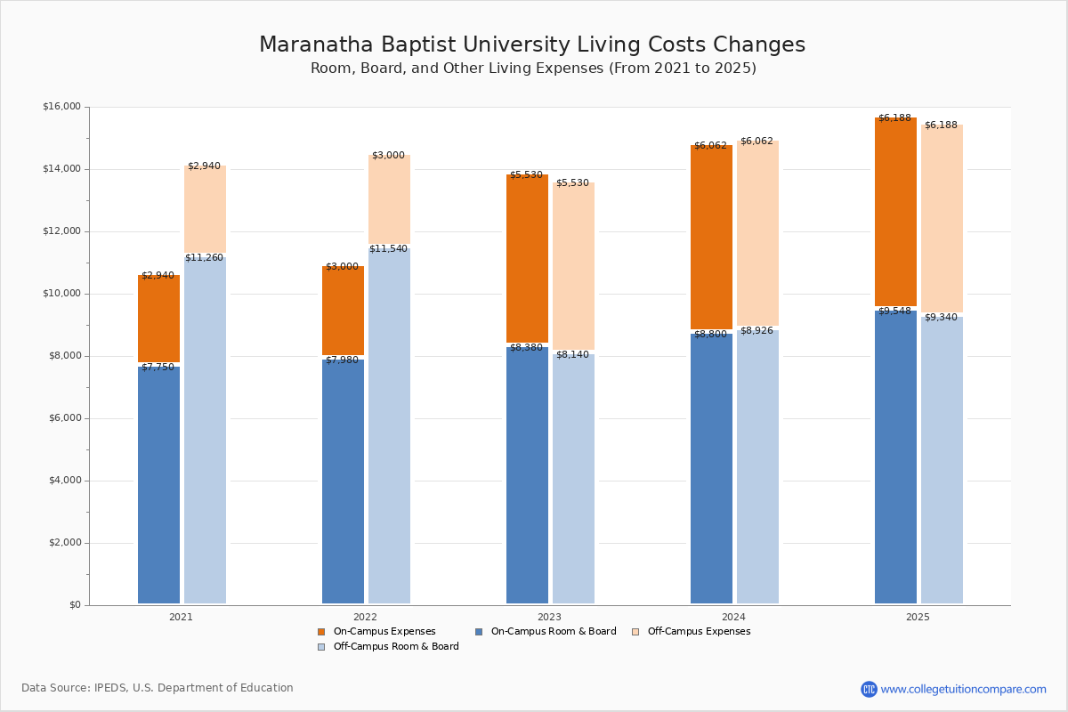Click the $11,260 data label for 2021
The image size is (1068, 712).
[204, 257]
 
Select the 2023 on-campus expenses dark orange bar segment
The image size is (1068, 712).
[527, 258]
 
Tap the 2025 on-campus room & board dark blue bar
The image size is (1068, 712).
[895, 457]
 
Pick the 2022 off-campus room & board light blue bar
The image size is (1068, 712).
[389, 425]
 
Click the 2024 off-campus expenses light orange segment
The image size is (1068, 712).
[757, 233]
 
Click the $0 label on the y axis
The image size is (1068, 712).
[76, 604]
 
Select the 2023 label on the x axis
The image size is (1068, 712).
[550, 617]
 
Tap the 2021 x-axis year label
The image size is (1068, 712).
[182, 617]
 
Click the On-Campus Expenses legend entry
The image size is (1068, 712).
[376, 631]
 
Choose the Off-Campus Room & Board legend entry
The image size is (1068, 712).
[389, 647]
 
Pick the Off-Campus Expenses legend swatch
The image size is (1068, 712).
[635, 632]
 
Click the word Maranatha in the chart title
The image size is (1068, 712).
[316, 44]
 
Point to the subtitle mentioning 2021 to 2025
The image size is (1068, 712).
[533, 69]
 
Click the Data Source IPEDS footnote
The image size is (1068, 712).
[158, 688]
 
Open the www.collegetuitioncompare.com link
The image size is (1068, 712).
[963, 689]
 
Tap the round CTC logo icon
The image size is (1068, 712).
[869, 689]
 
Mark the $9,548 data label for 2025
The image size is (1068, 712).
[895, 311]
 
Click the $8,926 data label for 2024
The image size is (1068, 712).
[756, 330]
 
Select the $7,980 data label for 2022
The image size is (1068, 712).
[342, 360]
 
